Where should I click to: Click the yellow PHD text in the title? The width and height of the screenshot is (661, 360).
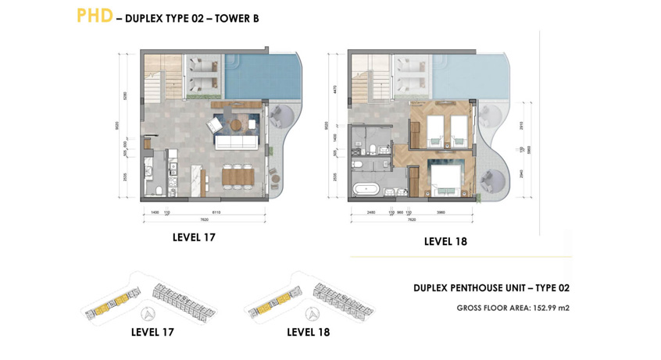(x=95, y=16)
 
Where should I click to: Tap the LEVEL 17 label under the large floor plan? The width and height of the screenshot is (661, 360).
(x=194, y=237)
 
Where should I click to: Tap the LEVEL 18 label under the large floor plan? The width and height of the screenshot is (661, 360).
(x=445, y=241)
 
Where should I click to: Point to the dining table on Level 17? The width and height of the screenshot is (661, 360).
(x=238, y=176)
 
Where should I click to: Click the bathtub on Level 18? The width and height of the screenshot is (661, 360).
(x=366, y=189)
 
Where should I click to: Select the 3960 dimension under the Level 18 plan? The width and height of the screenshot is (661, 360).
(x=441, y=212)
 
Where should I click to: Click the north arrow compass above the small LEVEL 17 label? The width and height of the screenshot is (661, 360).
(x=148, y=314)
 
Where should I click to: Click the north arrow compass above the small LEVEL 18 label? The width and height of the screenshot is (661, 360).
(x=311, y=314)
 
